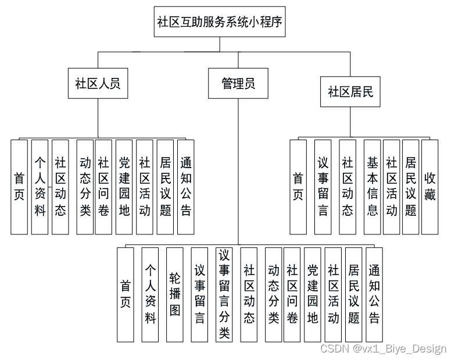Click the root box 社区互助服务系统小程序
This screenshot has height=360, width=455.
click(220, 22)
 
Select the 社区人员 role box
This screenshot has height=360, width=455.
click(98, 83)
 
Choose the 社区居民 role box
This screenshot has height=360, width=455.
click(350, 92)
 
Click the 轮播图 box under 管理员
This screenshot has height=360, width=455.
click(175, 294)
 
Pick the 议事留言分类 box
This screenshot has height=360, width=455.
click(224, 294)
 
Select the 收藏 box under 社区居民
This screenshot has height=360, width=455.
click(429, 187)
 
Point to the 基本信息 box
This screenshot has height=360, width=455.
click(372, 187)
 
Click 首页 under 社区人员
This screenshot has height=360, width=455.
click(19, 187)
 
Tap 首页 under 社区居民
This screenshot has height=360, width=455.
click(298, 187)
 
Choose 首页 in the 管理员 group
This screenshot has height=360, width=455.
click(126, 294)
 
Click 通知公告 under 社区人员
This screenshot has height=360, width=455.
click(186, 187)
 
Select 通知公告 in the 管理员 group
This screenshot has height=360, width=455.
click(374, 294)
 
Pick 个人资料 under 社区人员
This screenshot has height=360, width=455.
click(40, 187)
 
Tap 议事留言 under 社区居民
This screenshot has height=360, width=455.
click(323, 187)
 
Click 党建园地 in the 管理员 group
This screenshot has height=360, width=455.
click(312, 294)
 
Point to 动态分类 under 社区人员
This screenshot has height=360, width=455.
click(85, 187)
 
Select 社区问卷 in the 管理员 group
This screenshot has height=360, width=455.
click(292, 294)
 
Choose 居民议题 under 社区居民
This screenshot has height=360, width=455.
click(411, 187)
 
